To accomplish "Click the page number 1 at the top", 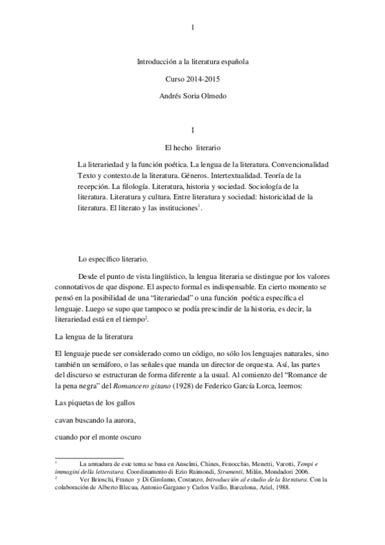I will pos(193,27).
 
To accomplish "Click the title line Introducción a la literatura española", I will pos(193,62).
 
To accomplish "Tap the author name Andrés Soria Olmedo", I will pos(193,96).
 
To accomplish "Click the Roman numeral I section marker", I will pos(193,130).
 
